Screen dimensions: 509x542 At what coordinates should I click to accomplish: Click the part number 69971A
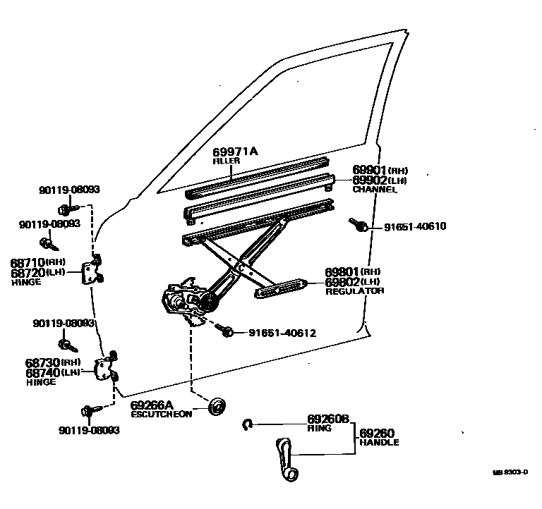[x=235, y=152]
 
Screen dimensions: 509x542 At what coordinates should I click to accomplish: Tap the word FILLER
[x=227, y=162]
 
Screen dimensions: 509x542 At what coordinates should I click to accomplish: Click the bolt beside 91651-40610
[x=359, y=225]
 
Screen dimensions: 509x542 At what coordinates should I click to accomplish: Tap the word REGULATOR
[x=354, y=291]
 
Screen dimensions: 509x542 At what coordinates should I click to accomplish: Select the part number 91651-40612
[x=282, y=333]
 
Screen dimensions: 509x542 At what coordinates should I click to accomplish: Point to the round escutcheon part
[x=218, y=406]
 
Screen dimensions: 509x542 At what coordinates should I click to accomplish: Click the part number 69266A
[x=152, y=405]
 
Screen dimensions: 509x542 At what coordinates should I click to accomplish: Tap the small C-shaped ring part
[x=248, y=423]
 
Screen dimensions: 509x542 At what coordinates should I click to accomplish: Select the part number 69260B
[x=328, y=419]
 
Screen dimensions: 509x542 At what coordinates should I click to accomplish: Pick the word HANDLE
[x=379, y=443]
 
